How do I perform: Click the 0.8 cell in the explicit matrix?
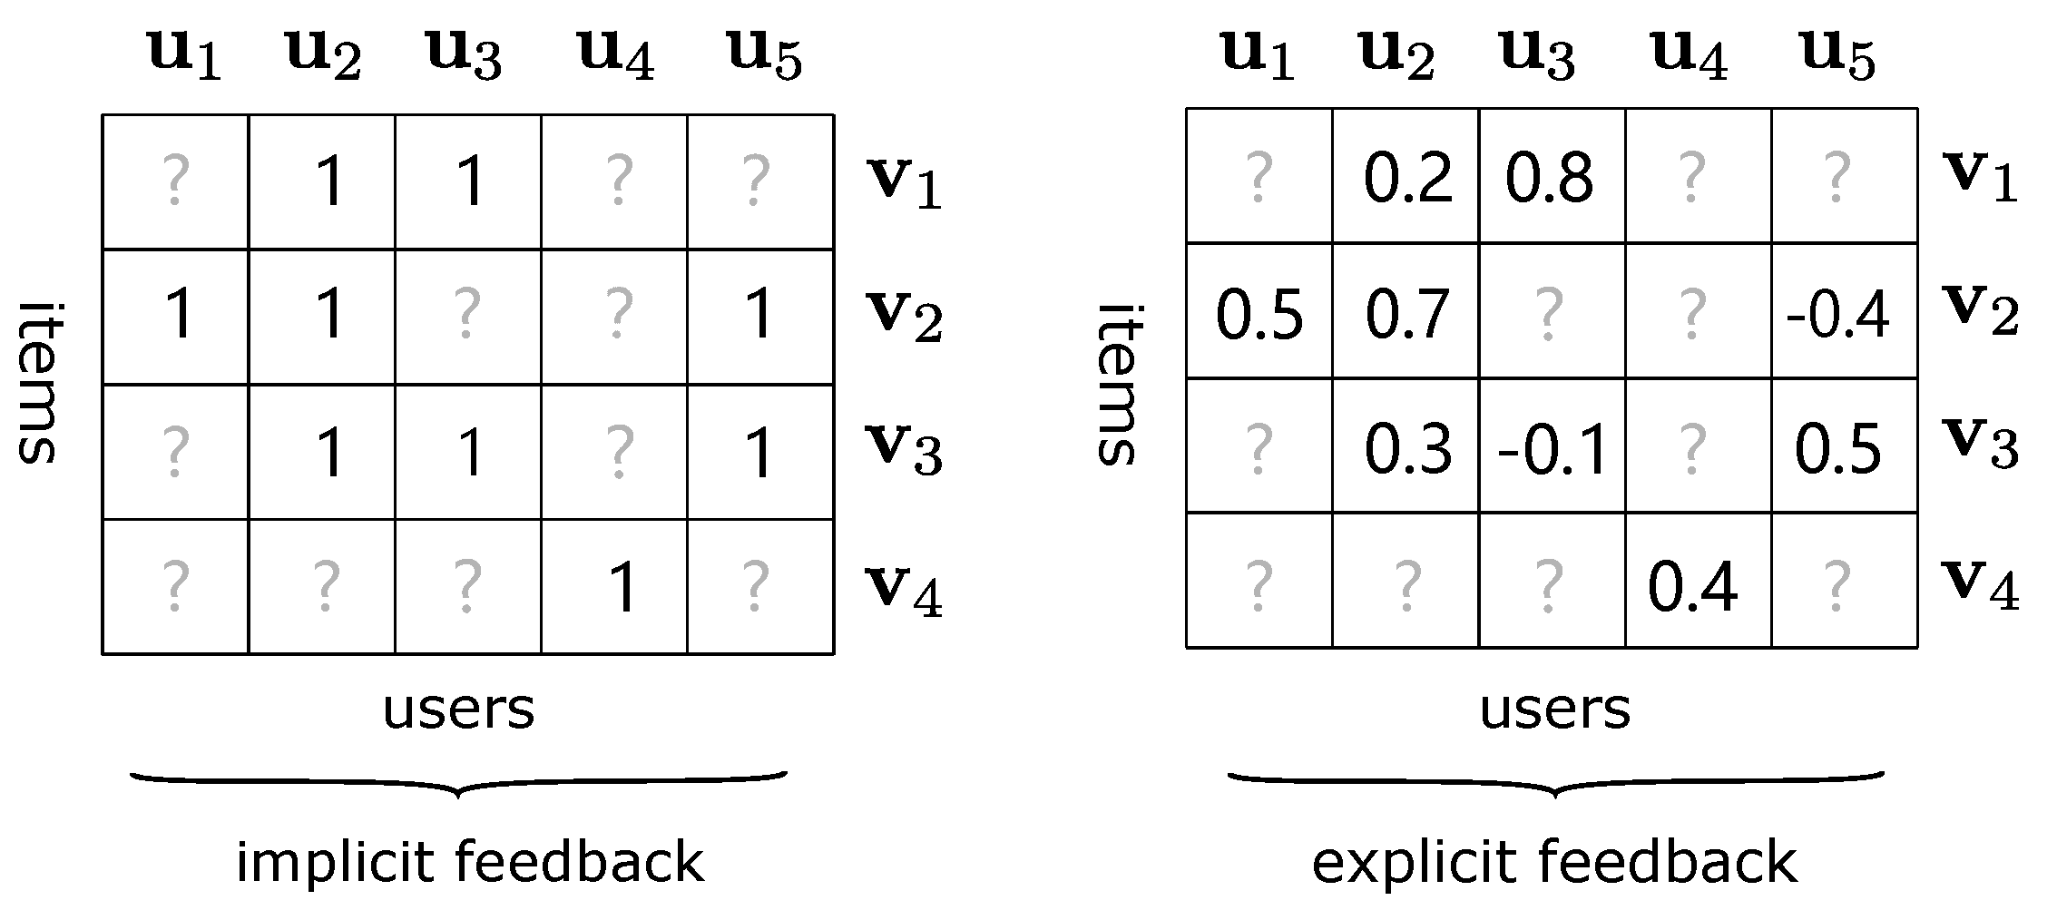click(1549, 177)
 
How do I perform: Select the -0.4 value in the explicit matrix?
click(1838, 314)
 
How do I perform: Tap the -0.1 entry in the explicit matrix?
click(1553, 449)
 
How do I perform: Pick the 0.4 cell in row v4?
click(1693, 586)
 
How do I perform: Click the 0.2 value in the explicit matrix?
click(1407, 177)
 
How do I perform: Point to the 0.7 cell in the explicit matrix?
click(1407, 314)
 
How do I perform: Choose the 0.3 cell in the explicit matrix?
click(1407, 449)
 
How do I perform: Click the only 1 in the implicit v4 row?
click(622, 588)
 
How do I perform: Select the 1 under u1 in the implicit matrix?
click(180, 315)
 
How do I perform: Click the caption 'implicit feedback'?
click(469, 861)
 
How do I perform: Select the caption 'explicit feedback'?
click(1553, 861)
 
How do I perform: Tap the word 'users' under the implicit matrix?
click(458, 710)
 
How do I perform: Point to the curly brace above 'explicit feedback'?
click(1555, 783)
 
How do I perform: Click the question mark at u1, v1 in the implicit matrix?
click(174, 180)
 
